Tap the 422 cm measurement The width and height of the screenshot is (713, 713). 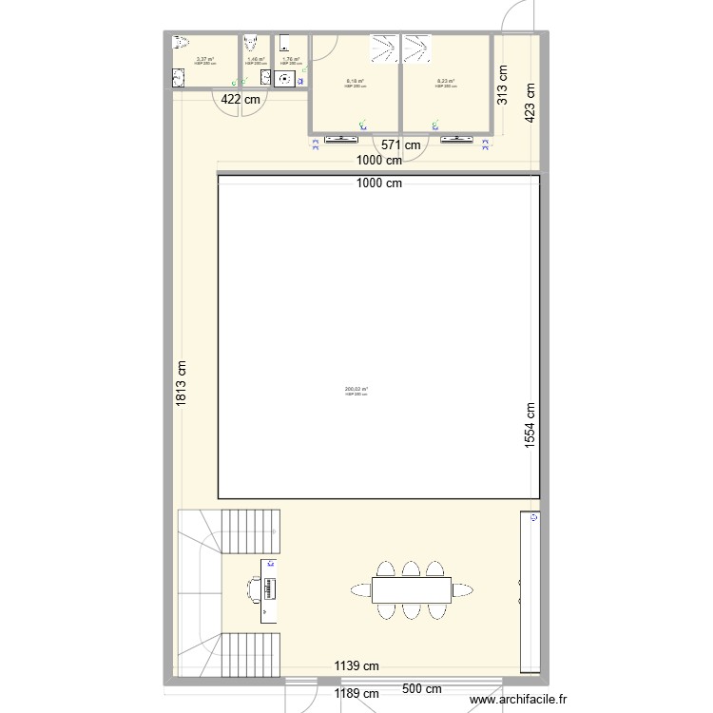point(241,98)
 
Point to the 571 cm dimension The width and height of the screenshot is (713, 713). point(400,145)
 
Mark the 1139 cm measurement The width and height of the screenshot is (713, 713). point(356,666)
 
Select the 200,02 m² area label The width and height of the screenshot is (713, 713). point(356,389)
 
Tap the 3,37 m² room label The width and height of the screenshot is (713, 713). point(205,60)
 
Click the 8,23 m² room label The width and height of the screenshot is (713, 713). point(445,82)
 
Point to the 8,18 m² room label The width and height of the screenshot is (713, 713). point(356,82)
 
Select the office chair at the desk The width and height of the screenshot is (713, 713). point(254,590)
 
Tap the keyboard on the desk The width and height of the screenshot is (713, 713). point(270,589)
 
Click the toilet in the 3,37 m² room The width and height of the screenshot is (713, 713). point(183,43)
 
